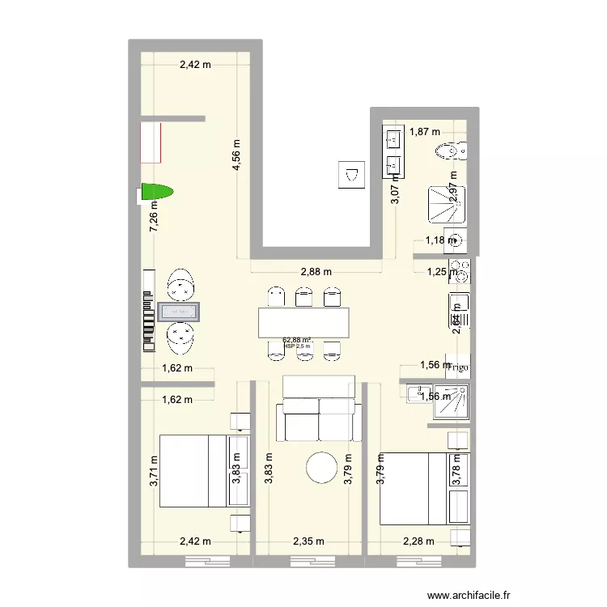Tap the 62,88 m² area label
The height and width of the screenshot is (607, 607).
tap(297, 341)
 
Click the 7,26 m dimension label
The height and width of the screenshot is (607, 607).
tap(153, 217)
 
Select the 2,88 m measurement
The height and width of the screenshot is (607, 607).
tap(315, 273)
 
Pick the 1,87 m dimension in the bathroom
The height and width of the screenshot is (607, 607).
tap(424, 131)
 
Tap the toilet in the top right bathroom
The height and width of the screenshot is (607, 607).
tap(449, 151)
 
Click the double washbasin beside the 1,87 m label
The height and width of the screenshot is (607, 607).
tap(393, 152)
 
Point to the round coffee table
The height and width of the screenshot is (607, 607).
tap(321, 468)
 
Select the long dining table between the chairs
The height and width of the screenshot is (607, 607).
tap(306, 322)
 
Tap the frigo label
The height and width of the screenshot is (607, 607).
tap(459, 367)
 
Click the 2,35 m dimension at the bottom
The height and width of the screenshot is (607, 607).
tap(308, 541)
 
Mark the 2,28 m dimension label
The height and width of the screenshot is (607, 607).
tap(418, 541)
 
